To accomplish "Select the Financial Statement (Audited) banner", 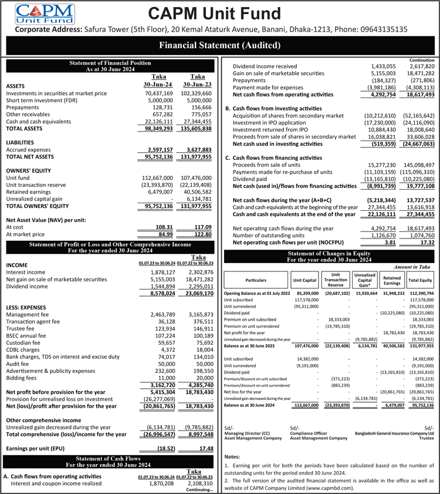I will (219, 45).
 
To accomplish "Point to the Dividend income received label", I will (265, 66).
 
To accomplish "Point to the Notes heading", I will (233, 456).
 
